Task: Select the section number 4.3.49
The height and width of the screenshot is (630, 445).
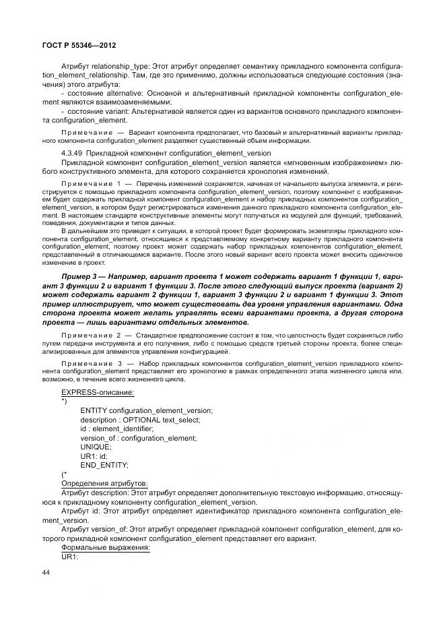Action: pos(72,154)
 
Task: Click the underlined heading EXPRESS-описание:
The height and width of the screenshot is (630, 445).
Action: pos(97,392)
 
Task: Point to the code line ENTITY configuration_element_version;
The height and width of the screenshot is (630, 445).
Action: pos(146,410)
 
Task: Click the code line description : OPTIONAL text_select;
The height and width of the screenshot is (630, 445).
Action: pos(138,420)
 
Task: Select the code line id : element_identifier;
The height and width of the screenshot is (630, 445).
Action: pos(116,429)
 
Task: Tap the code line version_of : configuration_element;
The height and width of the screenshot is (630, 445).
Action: pos(138,438)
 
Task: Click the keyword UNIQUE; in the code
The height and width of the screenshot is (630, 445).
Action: pos(96,447)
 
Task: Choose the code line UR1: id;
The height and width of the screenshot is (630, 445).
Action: pos(94,456)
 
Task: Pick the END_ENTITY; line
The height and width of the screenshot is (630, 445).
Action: pos(104,466)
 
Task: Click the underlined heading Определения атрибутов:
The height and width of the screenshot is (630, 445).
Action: pos(105,484)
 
